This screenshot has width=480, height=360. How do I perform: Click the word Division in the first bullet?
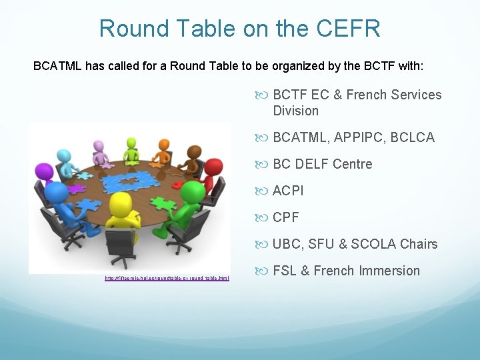(x=296, y=111)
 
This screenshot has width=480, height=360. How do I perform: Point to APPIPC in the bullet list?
(x=359, y=137)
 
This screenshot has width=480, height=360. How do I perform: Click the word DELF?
(x=312, y=164)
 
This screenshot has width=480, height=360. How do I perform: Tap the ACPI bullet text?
(x=288, y=191)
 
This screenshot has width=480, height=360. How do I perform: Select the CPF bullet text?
(x=286, y=217)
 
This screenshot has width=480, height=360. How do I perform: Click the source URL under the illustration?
(x=167, y=278)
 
